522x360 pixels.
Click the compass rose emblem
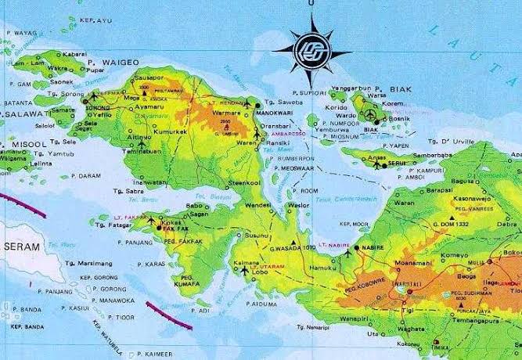(311, 49)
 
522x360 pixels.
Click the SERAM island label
(22, 246)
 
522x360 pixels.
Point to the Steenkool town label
(244, 182)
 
